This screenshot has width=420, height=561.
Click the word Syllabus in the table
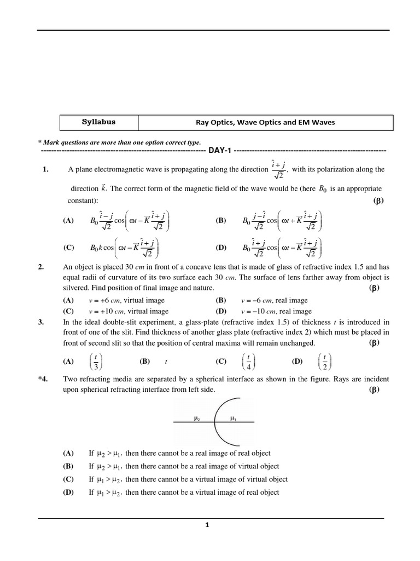pos(98,122)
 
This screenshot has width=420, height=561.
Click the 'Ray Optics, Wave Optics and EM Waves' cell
pos(265,122)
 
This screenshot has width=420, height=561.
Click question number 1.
pos(46,170)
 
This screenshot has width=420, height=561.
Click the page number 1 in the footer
pos(207,525)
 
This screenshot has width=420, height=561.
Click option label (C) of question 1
pos(68,248)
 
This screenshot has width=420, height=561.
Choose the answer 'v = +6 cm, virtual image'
pos(126,300)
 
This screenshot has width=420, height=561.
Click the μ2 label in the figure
pos(197,419)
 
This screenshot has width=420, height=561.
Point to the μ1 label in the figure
pos(232,419)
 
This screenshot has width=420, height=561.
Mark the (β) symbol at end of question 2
pos(375,288)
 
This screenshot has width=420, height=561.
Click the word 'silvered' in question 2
pos(77,288)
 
